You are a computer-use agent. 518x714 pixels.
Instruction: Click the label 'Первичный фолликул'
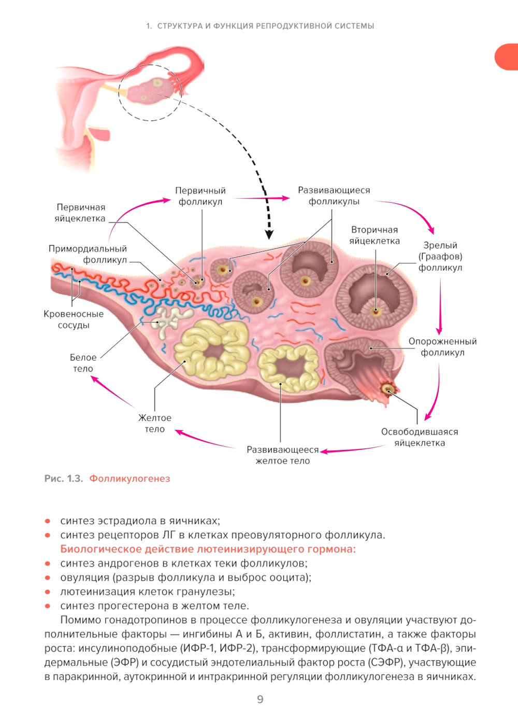200,196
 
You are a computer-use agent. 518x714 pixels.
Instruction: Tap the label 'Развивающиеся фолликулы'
334,196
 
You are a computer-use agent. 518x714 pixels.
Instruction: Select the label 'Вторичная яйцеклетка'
374,235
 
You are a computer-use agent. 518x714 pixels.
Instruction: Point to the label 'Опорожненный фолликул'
442,347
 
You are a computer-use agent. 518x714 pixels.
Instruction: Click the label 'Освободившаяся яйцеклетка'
420,437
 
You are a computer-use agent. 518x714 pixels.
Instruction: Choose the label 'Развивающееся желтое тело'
282,455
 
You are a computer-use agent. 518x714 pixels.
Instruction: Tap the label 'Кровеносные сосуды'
74,319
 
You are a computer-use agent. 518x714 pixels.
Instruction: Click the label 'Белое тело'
83,363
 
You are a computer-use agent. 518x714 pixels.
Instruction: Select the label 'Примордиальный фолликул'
88,254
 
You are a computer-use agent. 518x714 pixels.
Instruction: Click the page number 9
260,699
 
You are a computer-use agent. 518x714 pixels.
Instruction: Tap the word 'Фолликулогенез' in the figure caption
129,479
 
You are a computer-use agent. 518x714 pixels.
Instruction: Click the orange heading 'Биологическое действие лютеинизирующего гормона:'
208,549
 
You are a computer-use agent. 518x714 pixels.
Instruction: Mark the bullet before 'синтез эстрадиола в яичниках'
48,521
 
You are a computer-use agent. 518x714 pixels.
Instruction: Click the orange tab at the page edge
507,57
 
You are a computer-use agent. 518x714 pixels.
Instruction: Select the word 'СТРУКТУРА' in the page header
180,26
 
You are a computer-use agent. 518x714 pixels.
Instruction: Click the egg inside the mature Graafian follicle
376,312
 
